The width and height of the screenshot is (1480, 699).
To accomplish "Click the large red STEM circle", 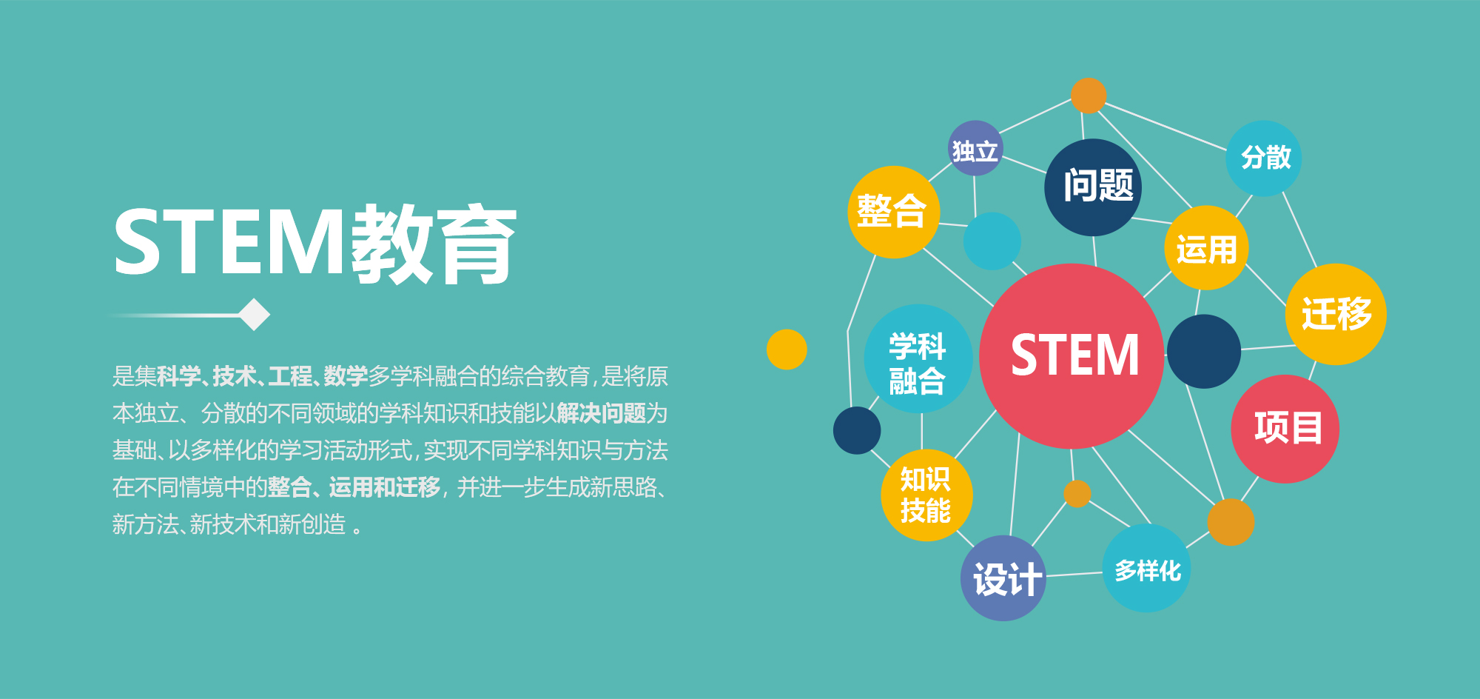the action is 1072,356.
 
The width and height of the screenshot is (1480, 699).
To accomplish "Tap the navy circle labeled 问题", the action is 1093,187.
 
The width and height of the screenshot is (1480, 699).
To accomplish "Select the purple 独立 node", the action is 975,148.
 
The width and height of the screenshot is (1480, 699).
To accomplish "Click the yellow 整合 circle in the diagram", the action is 893,212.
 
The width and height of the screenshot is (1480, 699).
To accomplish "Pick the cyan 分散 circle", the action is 1264,158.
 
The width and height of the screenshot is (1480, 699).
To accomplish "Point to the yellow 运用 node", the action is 1206,248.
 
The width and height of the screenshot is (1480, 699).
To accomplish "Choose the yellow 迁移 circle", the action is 1336,314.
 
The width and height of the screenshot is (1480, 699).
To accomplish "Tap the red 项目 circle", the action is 1285,429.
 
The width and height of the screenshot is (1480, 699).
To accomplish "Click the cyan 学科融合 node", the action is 918,359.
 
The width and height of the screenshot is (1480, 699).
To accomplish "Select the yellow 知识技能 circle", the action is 926,495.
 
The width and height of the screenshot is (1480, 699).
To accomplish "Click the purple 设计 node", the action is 1003,578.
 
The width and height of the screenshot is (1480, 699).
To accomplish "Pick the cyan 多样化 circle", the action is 1146,568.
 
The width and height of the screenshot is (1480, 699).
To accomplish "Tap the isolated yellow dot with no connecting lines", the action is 787,349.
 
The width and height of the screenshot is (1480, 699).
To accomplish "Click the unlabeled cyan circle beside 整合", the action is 992,241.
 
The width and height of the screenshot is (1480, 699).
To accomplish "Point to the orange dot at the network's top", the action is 1089,96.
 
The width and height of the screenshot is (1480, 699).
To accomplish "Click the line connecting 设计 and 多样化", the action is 1074,575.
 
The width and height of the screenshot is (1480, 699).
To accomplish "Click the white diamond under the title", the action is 255,315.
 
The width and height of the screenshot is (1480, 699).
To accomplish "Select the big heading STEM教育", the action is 314,244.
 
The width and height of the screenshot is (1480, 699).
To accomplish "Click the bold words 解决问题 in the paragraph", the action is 602,413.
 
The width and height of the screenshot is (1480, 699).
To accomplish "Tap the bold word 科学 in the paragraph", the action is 179,376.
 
